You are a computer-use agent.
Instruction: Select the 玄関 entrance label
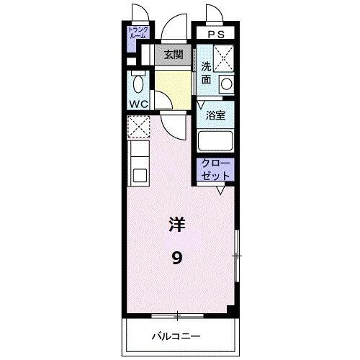tap(172, 54)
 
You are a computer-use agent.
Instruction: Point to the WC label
tap(139, 103)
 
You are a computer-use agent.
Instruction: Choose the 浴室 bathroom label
tap(215, 114)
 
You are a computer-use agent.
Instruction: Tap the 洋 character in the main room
tap(177, 224)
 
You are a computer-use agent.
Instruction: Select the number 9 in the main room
tap(176, 257)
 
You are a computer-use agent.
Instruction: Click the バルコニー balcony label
tap(176, 336)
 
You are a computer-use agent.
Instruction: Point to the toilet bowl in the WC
tap(138, 84)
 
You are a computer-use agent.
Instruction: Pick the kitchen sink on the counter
tap(138, 174)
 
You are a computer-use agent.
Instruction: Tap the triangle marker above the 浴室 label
tap(202, 104)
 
